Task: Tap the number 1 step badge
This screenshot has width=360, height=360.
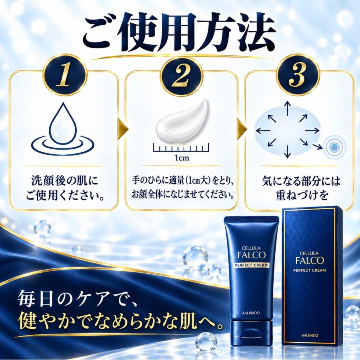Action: click(64, 75)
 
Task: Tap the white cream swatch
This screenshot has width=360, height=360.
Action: click(181, 122)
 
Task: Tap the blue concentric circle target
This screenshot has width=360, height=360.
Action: click(334, 147)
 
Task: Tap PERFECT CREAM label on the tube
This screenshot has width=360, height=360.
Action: click(252, 265)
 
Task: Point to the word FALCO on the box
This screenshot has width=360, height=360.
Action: click(309, 260)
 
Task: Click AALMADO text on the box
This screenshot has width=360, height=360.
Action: click(310, 336)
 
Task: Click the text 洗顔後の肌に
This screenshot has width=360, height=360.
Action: click(64, 181)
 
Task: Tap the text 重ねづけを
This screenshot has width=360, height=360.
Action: click(302, 195)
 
